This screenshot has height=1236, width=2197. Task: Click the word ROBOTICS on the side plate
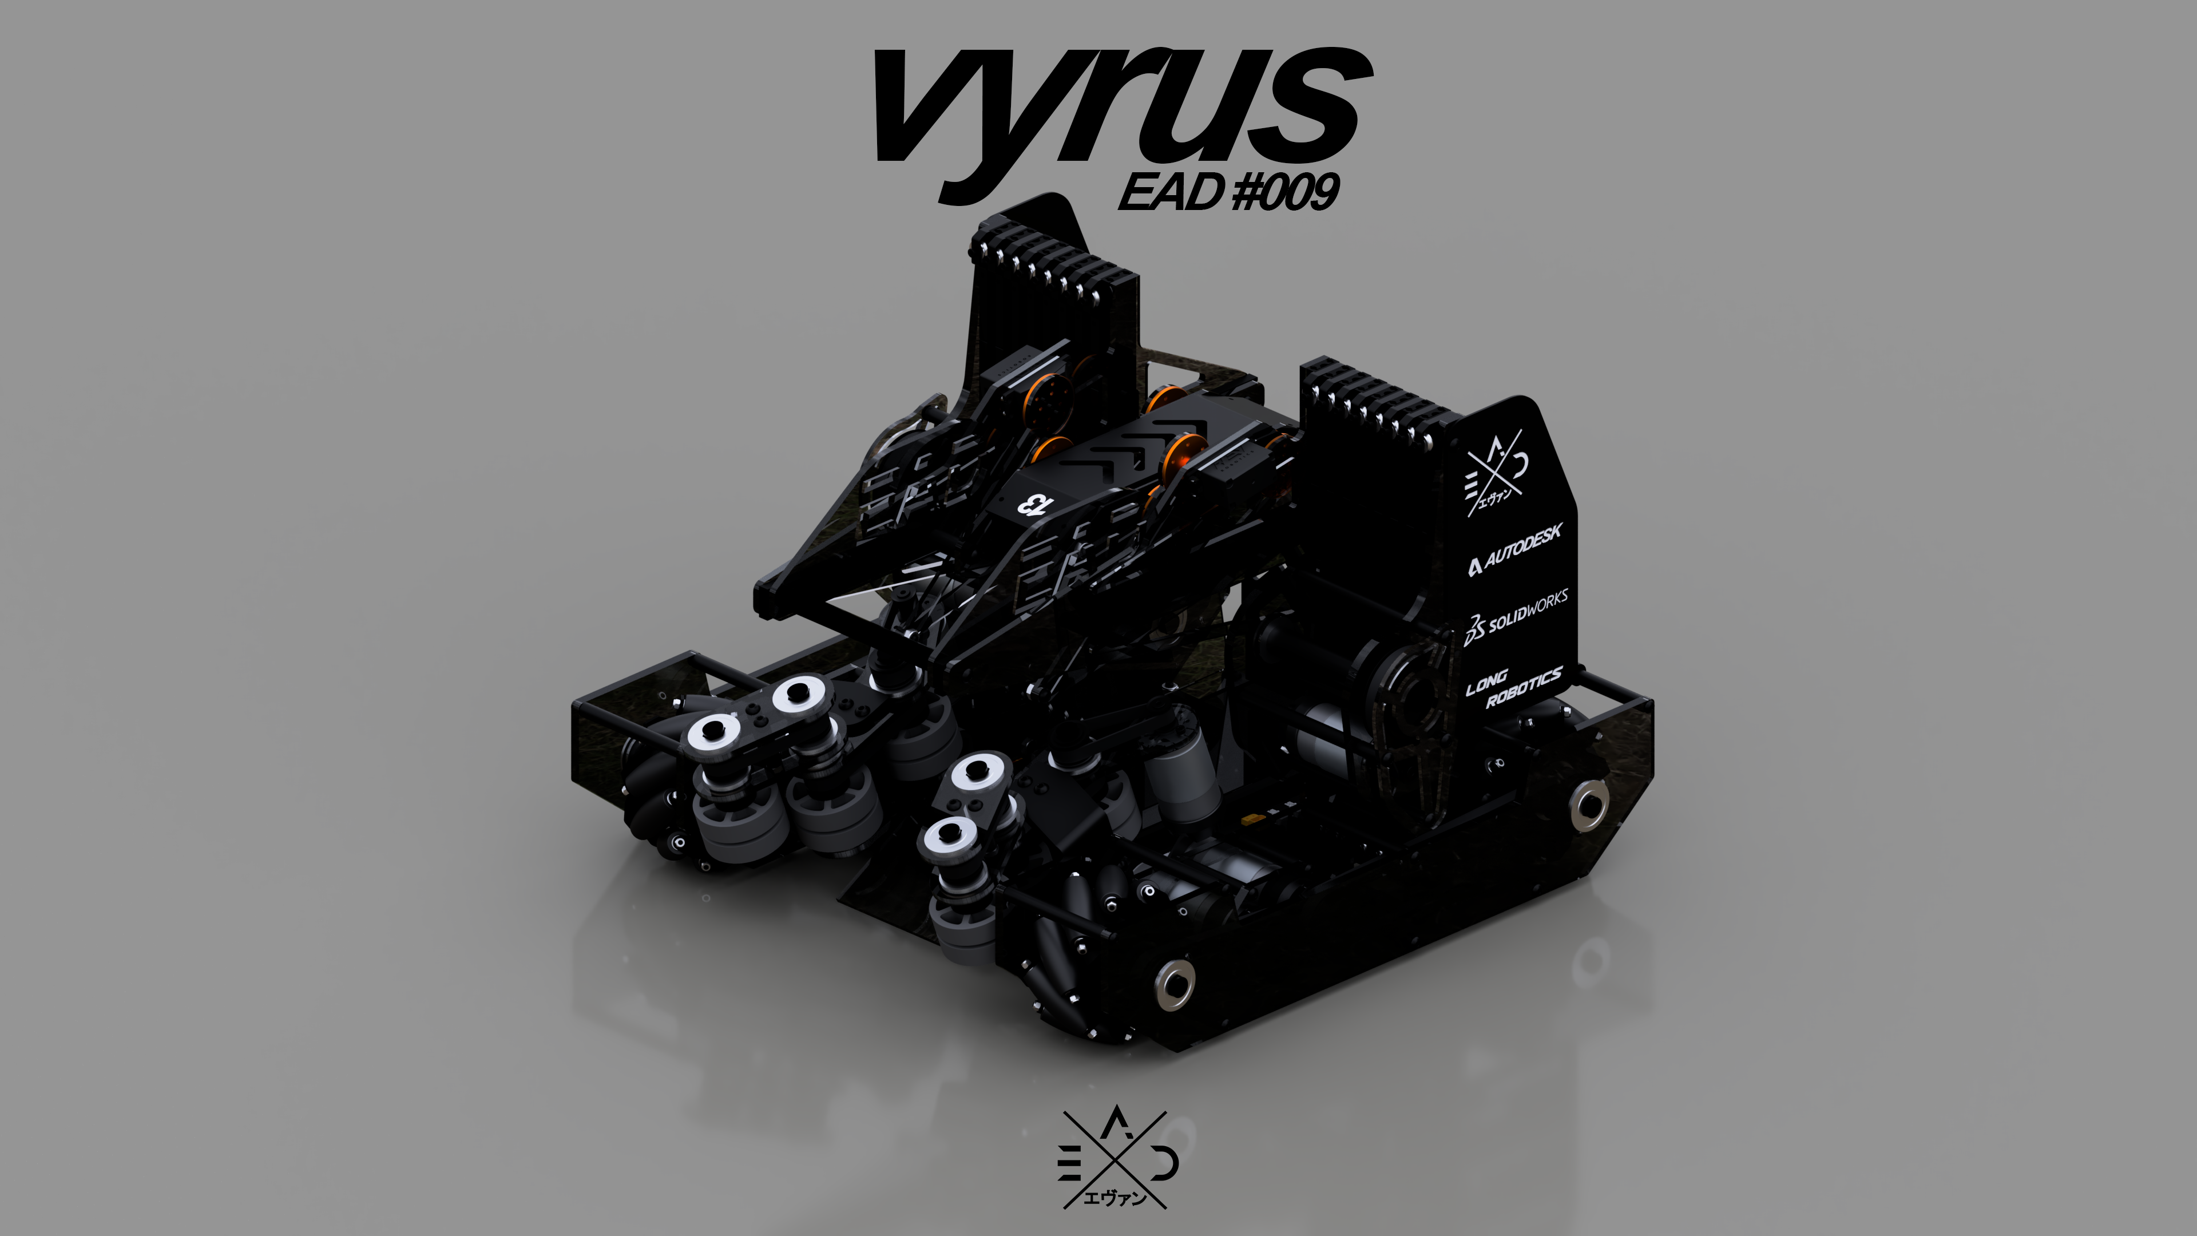coord(1524,688)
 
